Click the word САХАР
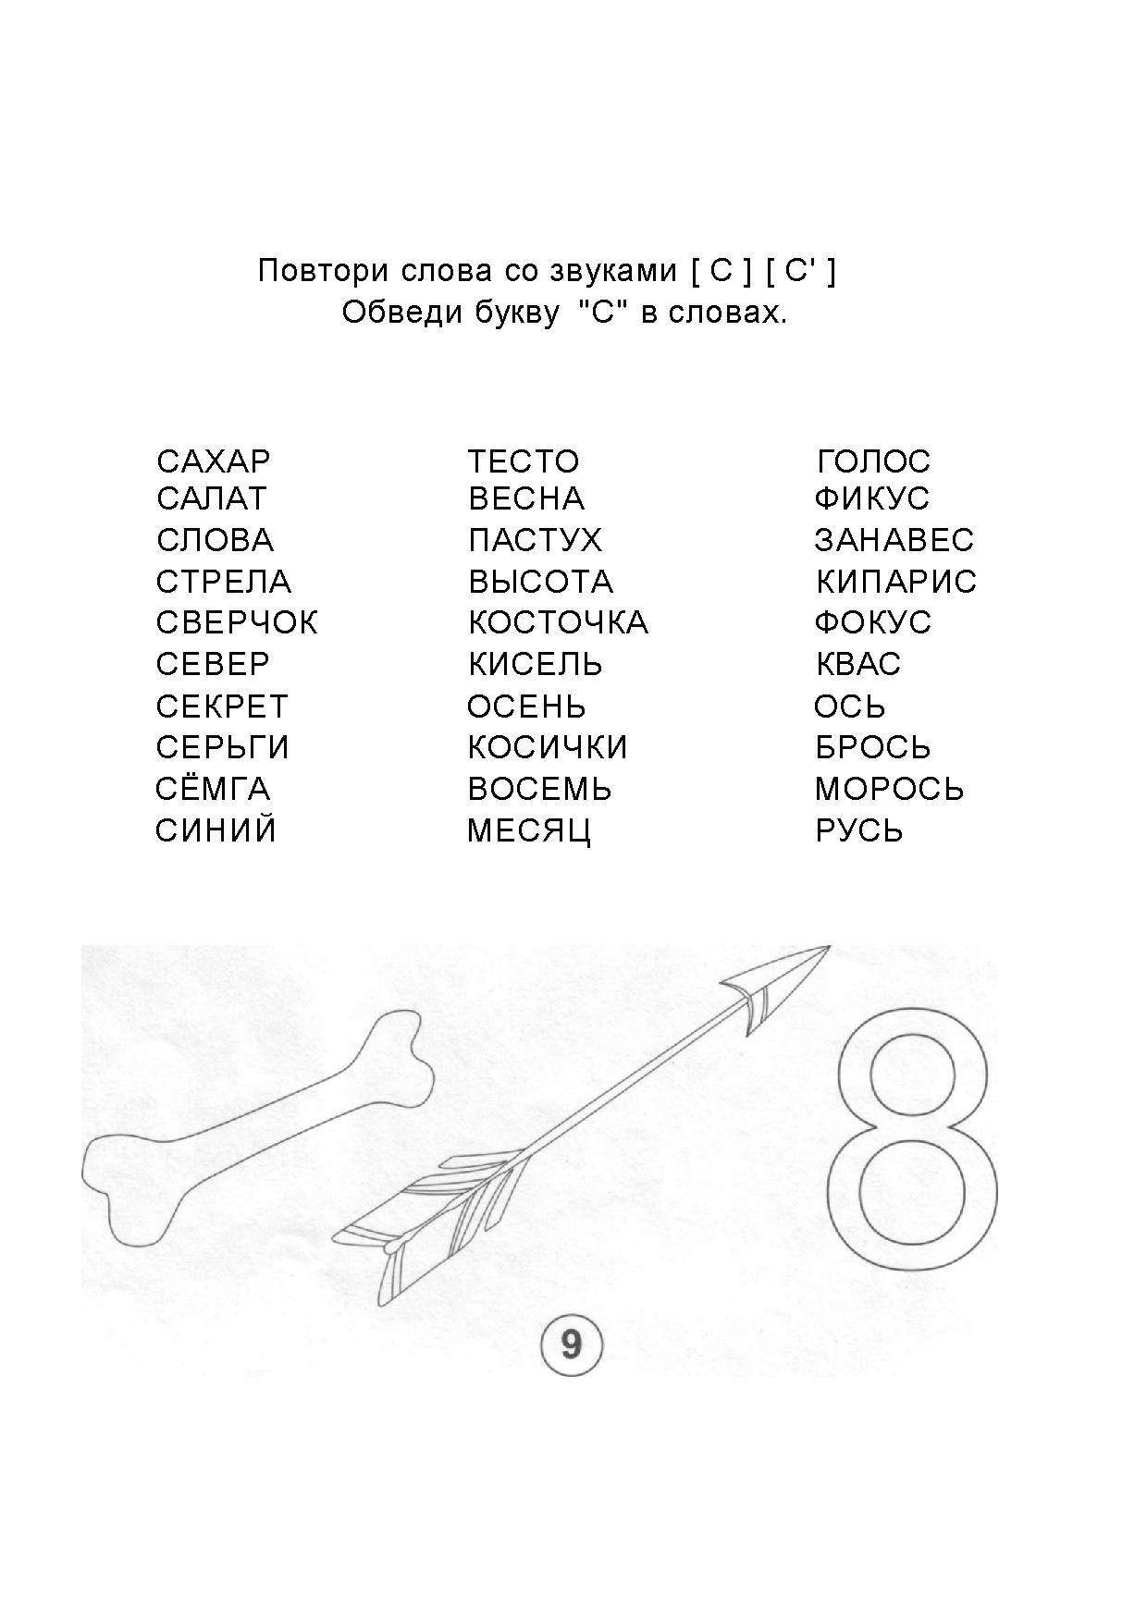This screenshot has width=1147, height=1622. click(214, 461)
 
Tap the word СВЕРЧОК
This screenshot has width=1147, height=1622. click(237, 622)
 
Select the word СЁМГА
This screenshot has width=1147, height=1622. click(213, 789)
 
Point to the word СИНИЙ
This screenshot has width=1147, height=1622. click(216, 830)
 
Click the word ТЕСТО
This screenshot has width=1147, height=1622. click(524, 461)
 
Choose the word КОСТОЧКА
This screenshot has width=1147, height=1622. click(559, 622)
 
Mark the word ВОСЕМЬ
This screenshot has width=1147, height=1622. click(540, 789)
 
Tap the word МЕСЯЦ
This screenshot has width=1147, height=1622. click(529, 830)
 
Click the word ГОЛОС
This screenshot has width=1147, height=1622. click(874, 461)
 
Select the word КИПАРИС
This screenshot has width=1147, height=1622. click(896, 582)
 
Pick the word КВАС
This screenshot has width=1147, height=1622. click(858, 664)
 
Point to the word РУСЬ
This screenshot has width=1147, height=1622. click(859, 830)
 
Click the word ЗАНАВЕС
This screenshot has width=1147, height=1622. click(894, 540)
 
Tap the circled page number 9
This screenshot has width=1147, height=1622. click(571, 1344)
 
